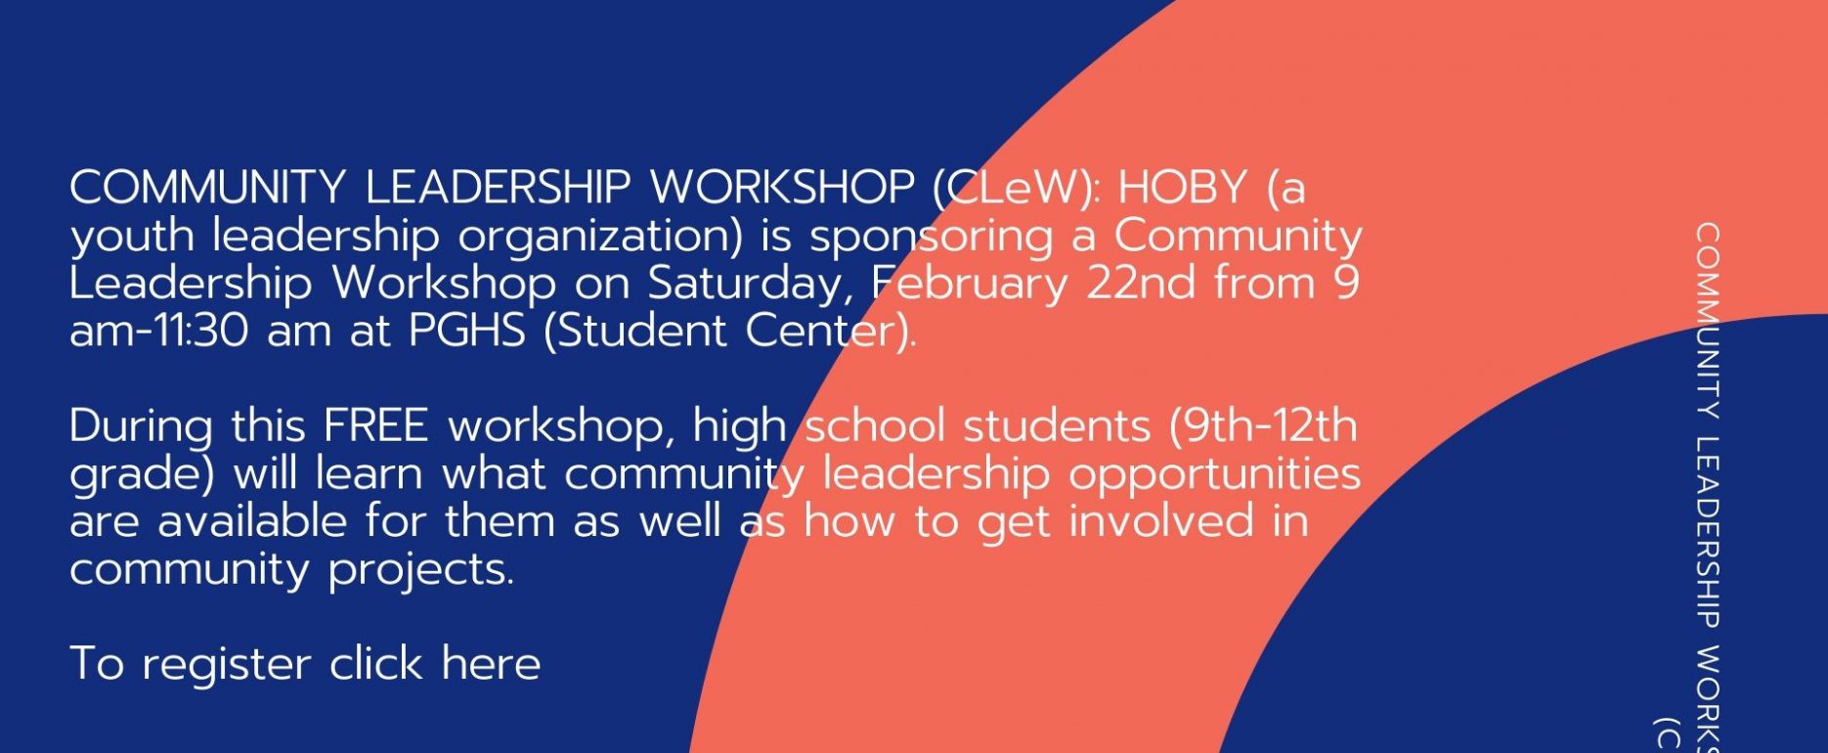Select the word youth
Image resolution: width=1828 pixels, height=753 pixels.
(x=132, y=237)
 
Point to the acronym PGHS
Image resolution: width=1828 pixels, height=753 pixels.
(x=467, y=331)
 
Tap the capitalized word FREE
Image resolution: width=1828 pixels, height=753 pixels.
(x=376, y=426)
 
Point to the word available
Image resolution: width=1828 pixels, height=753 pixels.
(x=252, y=521)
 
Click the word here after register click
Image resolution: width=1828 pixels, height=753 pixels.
(x=491, y=664)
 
